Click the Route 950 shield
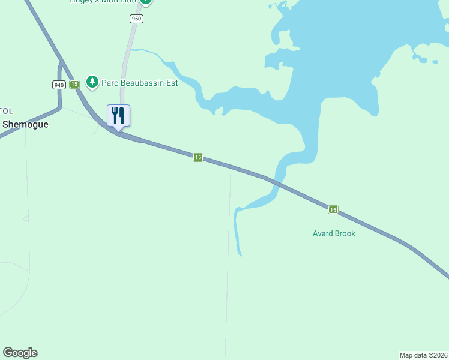tap(137, 19)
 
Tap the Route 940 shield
tap(58, 85)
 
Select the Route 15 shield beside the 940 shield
tap(74, 85)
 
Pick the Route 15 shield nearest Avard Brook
tap(333, 210)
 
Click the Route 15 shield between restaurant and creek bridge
tap(198, 157)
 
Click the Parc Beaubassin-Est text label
tap(139, 83)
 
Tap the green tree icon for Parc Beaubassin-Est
tap(92, 81)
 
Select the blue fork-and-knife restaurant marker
tap(118, 115)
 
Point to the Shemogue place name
tap(25, 124)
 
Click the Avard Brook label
tap(334, 233)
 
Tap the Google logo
tap(20, 353)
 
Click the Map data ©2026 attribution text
tap(424, 355)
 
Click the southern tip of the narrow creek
tap(240, 255)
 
